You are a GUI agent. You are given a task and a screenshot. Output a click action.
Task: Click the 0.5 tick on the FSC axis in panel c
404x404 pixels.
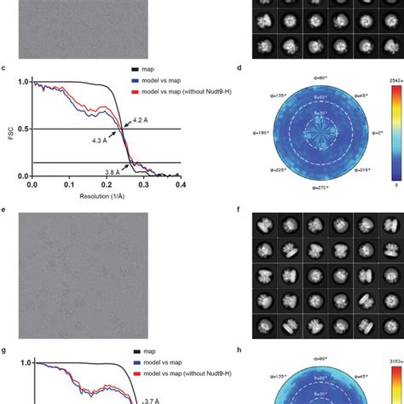[x=21, y=129]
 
